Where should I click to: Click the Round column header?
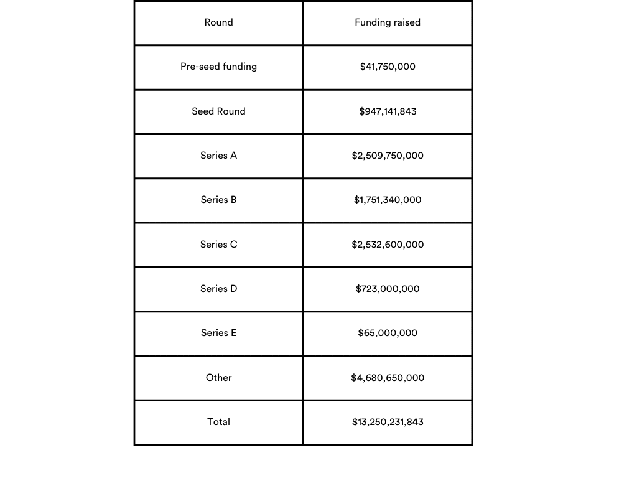(218, 22)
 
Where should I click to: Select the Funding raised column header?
(388, 22)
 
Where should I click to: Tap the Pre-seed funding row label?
(218, 67)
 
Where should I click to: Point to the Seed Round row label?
(218, 111)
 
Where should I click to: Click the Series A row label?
(218, 156)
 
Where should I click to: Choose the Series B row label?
(218, 200)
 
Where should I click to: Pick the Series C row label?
(218, 245)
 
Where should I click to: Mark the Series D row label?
(218, 289)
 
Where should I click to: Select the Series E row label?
(218, 333)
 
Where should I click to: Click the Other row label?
(218, 378)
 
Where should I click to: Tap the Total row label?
(218, 422)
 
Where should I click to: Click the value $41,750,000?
(388, 67)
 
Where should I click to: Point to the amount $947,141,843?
(388, 111)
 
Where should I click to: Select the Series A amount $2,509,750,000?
(388, 156)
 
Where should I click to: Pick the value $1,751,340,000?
(388, 200)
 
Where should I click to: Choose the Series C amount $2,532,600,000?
(388, 245)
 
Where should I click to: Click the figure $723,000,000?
(388, 289)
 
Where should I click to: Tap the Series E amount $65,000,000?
(388, 333)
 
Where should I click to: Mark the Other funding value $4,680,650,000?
(388, 378)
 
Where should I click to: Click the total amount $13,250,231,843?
(388, 422)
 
